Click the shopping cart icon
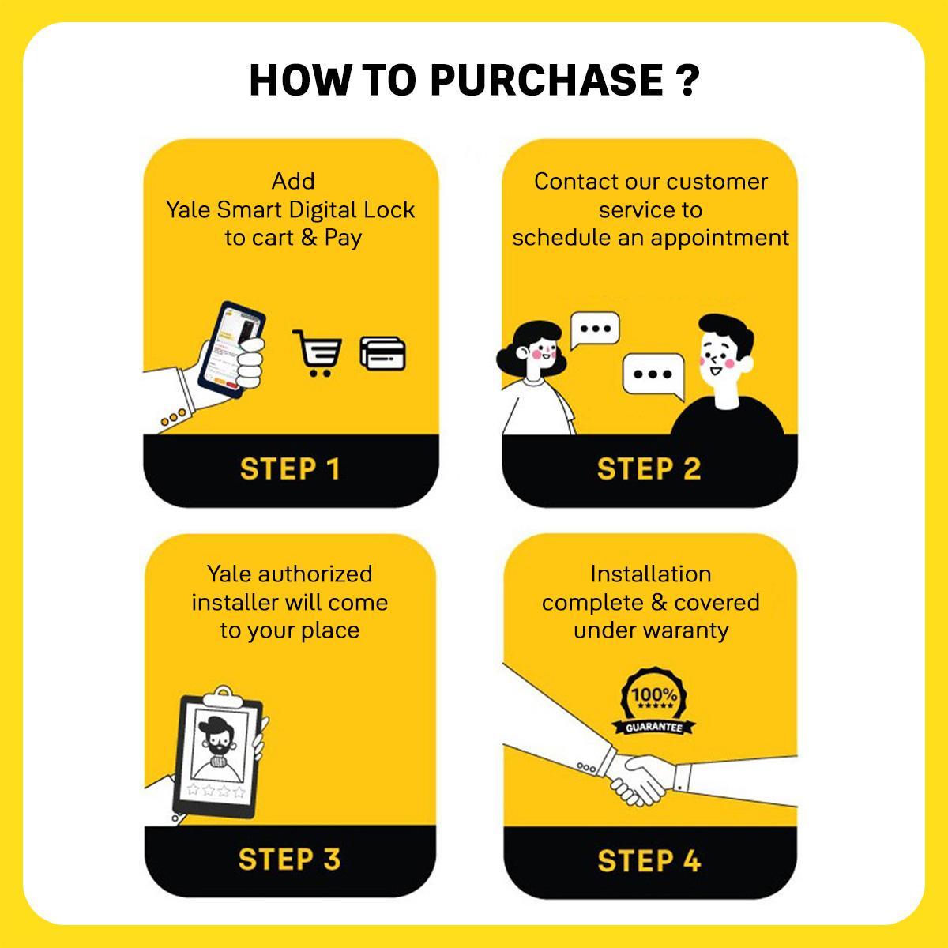pyautogui.click(x=318, y=352)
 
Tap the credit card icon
pyautogui.click(x=382, y=352)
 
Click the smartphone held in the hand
pyautogui.click(x=231, y=349)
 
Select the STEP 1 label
pyautogui.click(x=290, y=468)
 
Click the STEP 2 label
pyautogui.click(x=649, y=468)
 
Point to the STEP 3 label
pyautogui.click(x=289, y=859)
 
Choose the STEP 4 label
pyautogui.click(x=649, y=860)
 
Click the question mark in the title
pyautogui.click(x=687, y=80)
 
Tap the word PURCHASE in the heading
pyautogui.click(x=547, y=80)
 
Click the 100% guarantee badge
pyautogui.click(x=654, y=702)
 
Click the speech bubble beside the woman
pyautogui.click(x=595, y=329)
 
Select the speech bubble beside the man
pyautogui.click(x=654, y=376)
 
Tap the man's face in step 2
pyautogui.click(x=719, y=358)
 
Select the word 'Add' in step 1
pyautogui.click(x=293, y=181)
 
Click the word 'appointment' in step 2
pyautogui.click(x=720, y=239)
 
